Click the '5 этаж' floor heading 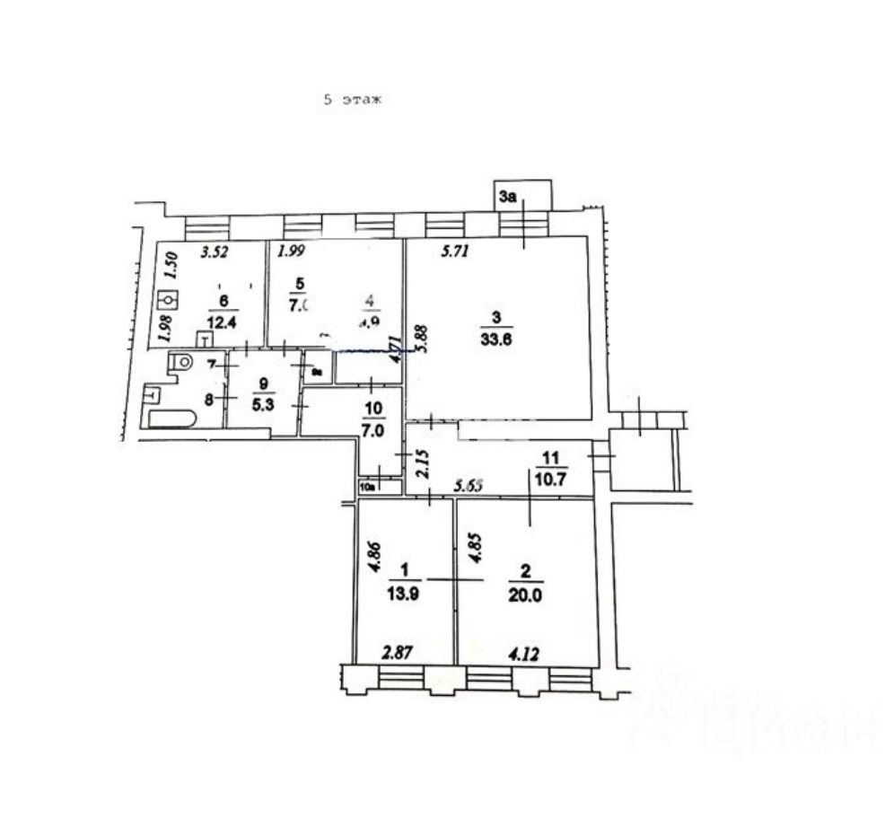click(353, 101)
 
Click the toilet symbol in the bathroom click(181, 363)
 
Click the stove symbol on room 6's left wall click(165, 301)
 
